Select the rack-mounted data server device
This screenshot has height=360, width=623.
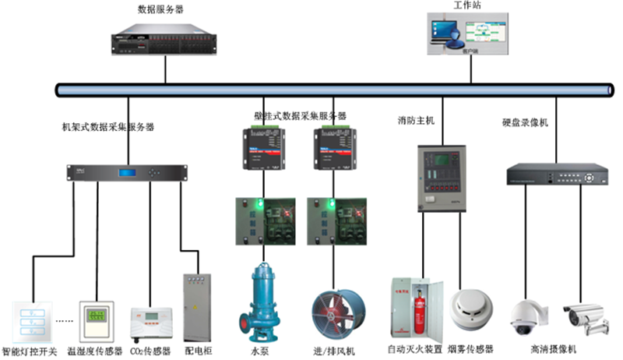point(165,41)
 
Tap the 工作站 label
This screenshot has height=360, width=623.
point(466,5)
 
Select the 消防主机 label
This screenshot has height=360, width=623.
point(415,121)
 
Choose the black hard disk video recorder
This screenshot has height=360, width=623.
point(557,174)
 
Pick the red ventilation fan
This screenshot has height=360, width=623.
point(333,312)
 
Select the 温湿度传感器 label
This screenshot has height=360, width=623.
point(95,351)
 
